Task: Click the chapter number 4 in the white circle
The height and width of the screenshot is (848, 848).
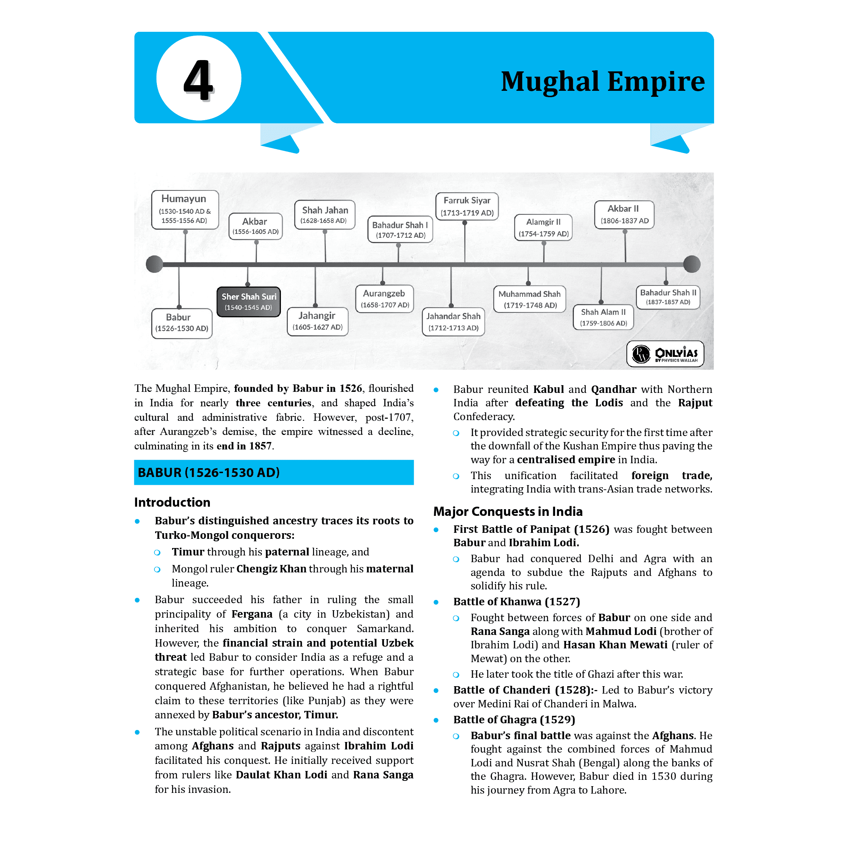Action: coord(198,80)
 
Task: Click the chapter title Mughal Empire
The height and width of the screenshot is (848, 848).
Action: coord(603,82)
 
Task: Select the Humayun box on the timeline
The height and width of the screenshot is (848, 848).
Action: coord(185,210)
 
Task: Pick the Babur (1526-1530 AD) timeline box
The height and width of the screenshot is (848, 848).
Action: coord(182,323)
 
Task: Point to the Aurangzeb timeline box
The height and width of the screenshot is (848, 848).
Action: coord(384,299)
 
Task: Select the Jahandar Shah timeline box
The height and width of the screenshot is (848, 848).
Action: coord(453,322)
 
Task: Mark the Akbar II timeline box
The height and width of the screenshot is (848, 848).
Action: coord(624,214)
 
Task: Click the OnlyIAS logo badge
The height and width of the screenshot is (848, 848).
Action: coord(665,354)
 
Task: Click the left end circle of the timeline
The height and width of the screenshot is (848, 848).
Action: coord(154,264)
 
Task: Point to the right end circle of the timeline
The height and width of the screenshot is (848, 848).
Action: coord(692,264)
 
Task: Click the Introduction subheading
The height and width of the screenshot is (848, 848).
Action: coord(172,502)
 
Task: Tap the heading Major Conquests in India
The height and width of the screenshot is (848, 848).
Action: coord(508,511)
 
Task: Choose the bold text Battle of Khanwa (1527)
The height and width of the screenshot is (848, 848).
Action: coord(517,601)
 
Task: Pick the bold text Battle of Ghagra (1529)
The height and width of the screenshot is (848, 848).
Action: coord(514,719)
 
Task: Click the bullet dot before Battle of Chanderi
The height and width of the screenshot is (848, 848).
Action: coord(436,690)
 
